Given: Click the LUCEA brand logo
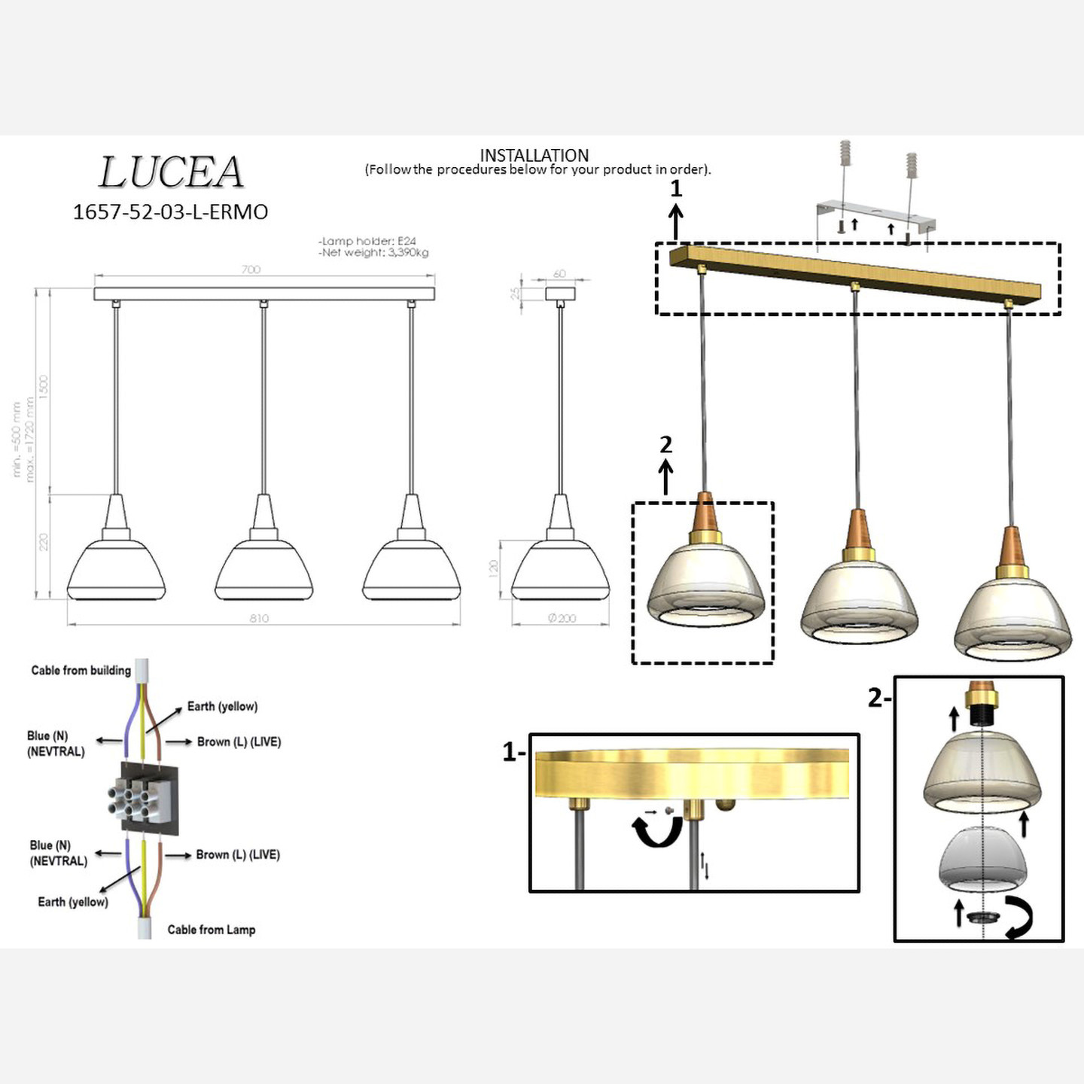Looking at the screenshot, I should (x=171, y=172).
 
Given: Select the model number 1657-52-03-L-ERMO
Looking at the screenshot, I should (x=170, y=212).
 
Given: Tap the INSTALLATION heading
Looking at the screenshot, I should (x=534, y=156).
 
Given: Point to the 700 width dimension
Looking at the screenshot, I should (x=251, y=269).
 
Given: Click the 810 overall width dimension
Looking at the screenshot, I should (x=259, y=618).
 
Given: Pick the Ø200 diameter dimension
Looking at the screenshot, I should (x=562, y=618).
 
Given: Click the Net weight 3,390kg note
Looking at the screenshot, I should (x=373, y=253).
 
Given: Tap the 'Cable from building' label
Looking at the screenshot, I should (x=81, y=670).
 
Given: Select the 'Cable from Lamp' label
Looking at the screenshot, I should (x=212, y=930).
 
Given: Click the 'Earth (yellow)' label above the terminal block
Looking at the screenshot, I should (x=222, y=706).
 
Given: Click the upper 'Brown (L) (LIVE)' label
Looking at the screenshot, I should (x=239, y=741).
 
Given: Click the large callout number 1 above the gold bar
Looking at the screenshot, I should (x=676, y=188).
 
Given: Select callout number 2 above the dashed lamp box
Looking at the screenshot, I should (x=665, y=445).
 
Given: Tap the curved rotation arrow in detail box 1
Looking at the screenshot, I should (x=656, y=831).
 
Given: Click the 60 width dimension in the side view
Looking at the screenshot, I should (x=559, y=273).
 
